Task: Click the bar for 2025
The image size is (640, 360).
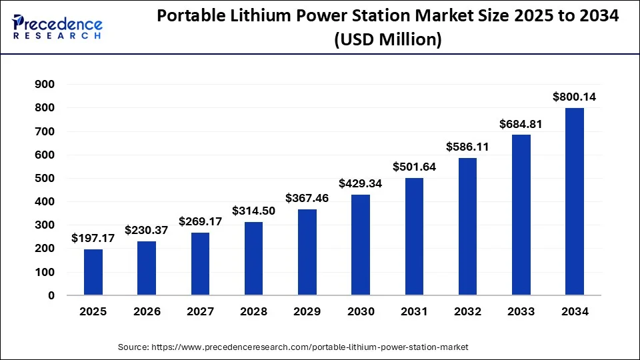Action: pos(93,272)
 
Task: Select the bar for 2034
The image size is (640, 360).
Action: pos(575,201)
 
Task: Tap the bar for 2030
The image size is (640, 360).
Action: pos(361,245)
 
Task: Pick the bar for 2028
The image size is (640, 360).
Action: pos(254,258)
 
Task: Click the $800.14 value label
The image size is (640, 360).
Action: pos(575,97)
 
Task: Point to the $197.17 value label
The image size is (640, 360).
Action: pos(93,238)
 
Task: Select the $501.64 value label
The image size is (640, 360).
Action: pos(414,167)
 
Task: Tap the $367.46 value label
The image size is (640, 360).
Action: pos(307,198)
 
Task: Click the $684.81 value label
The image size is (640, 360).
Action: pos(521,124)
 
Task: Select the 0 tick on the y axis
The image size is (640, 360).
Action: pos(51,295)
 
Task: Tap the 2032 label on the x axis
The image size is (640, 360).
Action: pos(468,311)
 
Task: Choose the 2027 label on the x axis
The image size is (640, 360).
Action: pos(200,311)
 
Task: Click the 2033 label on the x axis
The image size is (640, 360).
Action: pos(521,311)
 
